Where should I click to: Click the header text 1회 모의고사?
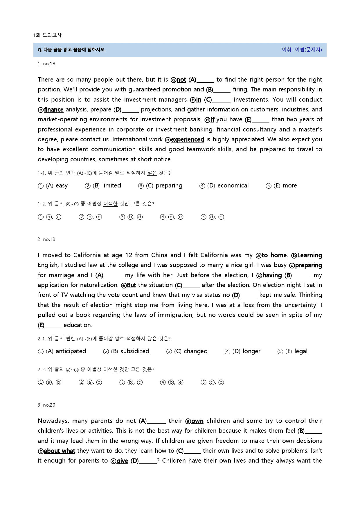pos(47,35)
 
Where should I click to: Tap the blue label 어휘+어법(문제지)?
pos(302,50)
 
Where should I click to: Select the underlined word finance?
pos(54,110)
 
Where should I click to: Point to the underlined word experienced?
pos(187,140)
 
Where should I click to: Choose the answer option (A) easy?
pos(57,186)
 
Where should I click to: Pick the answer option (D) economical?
pos(228,186)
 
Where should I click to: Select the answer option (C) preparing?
pos(164,186)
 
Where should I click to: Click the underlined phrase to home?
pos(274,255)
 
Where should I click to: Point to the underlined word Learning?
pos(309,255)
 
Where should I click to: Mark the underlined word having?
pos(272,275)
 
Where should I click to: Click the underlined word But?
pos(131,285)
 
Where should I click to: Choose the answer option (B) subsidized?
pos(130,351)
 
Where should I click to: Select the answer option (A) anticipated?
pos(66,351)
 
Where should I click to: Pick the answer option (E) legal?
pos(296,351)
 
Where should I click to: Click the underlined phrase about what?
pos(59,451)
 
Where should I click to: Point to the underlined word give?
pos(122,461)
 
